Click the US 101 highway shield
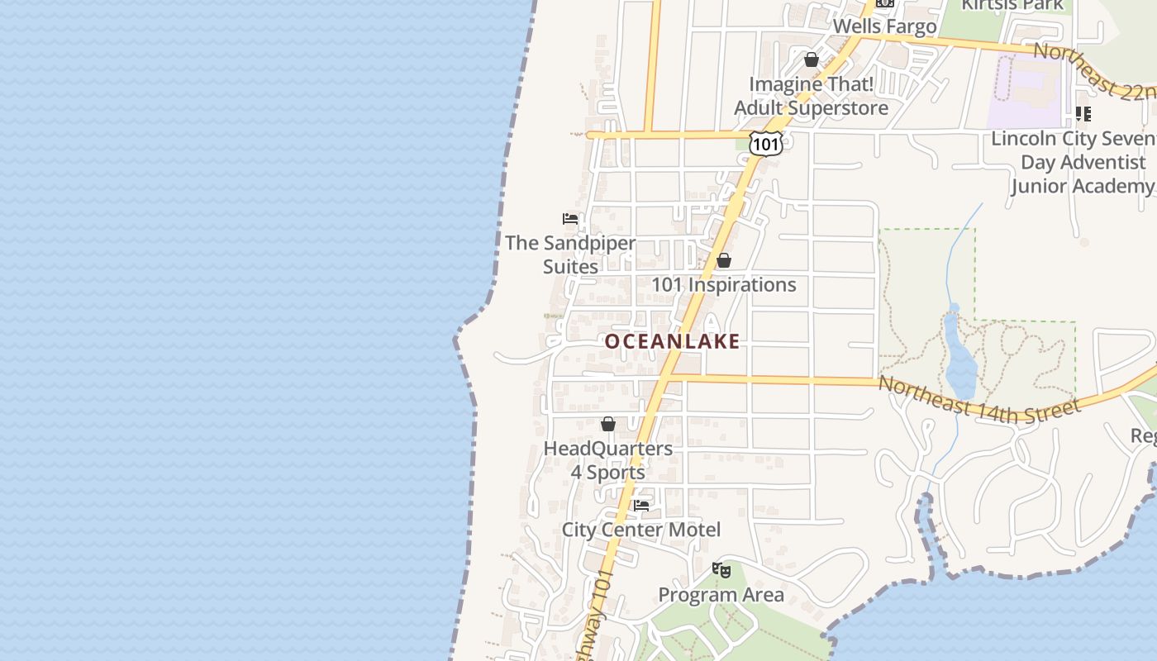pyautogui.click(x=766, y=144)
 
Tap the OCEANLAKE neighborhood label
pyautogui.click(x=672, y=341)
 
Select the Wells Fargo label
pyautogui.click(x=884, y=26)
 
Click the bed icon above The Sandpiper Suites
pyautogui.click(x=570, y=219)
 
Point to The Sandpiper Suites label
pyautogui.click(x=570, y=254)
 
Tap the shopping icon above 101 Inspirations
pyautogui.click(x=724, y=260)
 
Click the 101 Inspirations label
pyautogui.click(x=724, y=285)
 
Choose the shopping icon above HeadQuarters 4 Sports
pyautogui.click(x=608, y=424)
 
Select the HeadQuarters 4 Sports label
pyautogui.click(x=608, y=460)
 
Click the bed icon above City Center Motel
pyautogui.click(x=641, y=505)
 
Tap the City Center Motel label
pyautogui.click(x=641, y=530)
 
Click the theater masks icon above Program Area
pyautogui.click(x=721, y=569)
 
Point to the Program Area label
pyautogui.click(x=721, y=595)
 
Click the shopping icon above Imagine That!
pyautogui.click(x=812, y=59)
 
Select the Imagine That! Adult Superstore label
pyautogui.click(x=812, y=96)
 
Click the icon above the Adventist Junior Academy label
pyautogui.click(x=1083, y=114)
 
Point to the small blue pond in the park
pyautogui.click(x=960, y=364)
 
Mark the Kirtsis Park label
pyautogui.click(x=1012, y=5)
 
